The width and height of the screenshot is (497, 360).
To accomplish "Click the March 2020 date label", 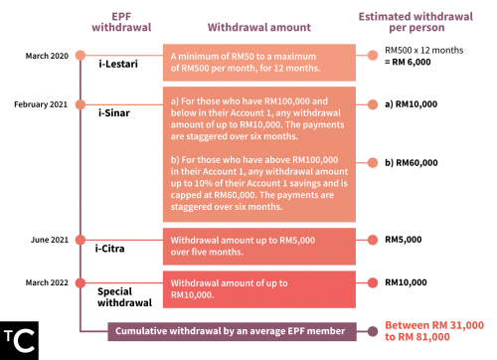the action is coord(47,56).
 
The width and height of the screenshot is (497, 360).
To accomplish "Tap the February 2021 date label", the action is coord(41,104).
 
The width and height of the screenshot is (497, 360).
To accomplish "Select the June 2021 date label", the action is coord(50,240).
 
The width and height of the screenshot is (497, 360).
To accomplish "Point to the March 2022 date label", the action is coord(47,282).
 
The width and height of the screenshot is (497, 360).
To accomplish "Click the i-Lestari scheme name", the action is coord(118,64).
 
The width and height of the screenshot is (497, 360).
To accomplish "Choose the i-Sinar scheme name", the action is coord(114,113).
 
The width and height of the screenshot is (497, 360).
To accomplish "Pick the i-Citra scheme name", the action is coord(110,249).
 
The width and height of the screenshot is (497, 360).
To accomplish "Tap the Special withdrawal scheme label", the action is coord(125,297).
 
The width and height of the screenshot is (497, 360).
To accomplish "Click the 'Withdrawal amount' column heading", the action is coord(259,27).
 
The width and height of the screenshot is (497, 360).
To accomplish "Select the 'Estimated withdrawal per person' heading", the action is coord(415,22).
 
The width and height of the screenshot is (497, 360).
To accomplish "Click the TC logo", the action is coord(19,340).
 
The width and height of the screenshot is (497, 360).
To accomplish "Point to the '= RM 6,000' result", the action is coord(408,62).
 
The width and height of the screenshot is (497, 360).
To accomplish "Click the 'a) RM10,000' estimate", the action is coord(412,104).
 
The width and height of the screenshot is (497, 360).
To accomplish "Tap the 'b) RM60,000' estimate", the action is coord(412,163).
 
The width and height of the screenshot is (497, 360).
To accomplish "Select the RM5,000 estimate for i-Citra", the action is coord(404,240).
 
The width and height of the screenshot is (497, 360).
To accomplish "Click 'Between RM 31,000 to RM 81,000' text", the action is coord(434,331).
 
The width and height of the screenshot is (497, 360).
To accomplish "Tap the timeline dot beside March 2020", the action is coord(81,56).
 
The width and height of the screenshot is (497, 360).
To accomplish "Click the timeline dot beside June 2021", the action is coord(81,240).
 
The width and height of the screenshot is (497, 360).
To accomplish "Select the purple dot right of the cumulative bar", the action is coord(373,331).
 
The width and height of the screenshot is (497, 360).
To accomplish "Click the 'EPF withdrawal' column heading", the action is coord(121,22).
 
